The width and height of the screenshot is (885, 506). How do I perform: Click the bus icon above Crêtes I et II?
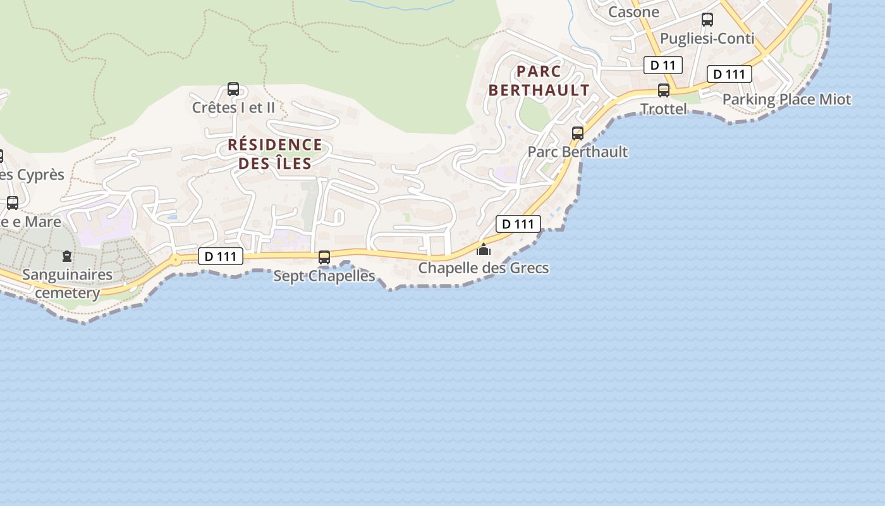click(233, 89)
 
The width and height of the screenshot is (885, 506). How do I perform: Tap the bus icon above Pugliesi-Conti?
click(707, 20)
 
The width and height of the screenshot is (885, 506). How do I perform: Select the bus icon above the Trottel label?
click(664, 90)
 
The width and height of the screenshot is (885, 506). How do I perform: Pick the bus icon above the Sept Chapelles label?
click(324, 257)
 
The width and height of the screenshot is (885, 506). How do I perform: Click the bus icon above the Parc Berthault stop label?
click(578, 133)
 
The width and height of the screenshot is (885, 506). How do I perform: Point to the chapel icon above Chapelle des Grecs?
click(484, 249)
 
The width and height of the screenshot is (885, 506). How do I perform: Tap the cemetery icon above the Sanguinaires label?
click(66, 256)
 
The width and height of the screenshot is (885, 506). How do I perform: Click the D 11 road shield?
click(663, 65)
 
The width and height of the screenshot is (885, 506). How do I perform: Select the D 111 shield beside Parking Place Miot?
click(729, 74)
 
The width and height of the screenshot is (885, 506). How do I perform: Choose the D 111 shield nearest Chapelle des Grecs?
click(518, 223)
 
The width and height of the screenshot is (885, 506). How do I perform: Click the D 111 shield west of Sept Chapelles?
click(221, 256)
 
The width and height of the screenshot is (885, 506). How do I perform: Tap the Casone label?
click(633, 12)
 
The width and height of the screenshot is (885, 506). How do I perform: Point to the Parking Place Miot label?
click(786, 99)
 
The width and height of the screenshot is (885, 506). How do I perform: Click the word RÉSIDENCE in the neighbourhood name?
click(275, 145)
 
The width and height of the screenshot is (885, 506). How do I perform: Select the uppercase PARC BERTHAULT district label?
click(539, 80)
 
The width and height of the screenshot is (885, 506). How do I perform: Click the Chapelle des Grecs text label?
click(484, 268)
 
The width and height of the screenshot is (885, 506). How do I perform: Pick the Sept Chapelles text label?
click(324, 276)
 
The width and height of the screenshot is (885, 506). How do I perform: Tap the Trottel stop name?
click(664, 109)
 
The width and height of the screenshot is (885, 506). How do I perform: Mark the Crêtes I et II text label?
click(233, 108)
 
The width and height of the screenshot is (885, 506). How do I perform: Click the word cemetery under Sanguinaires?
click(68, 293)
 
